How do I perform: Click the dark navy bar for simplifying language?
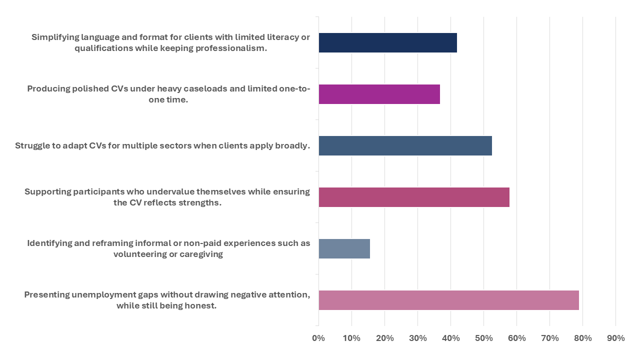[x=387, y=42]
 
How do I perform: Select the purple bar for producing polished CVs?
[x=379, y=94]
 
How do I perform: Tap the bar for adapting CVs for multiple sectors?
[x=405, y=145]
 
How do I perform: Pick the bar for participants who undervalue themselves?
[x=413, y=197]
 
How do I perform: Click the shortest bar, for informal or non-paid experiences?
[x=344, y=248]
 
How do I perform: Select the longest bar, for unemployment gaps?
[x=448, y=300]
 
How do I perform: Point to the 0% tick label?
[x=318, y=338]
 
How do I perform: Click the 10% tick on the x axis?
[x=351, y=338]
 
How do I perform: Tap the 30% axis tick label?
[x=417, y=338]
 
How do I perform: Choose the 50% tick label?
[x=483, y=338]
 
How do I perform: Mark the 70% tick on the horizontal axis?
[x=549, y=338]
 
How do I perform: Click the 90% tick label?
[x=615, y=338]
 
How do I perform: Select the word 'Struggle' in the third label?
[x=32, y=145]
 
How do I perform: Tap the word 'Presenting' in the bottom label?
[x=46, y=294]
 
